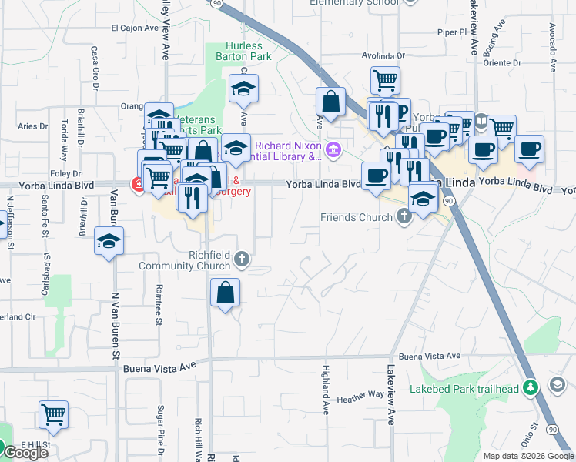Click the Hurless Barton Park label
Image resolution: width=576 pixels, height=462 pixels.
click(245, 52)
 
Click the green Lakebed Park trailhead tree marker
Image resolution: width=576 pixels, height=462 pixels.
click(529, 387)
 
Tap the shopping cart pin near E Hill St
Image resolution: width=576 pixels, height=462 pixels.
click(53, 414)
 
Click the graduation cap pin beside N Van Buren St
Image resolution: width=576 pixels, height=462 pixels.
click(109, 240)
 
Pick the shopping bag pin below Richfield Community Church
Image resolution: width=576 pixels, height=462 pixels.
click(224, 293)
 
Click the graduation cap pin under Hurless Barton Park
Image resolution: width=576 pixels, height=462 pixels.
click(243, 89)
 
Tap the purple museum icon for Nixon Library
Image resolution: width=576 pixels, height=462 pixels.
click(333, 149)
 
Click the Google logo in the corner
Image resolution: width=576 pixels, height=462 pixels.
click(25, 453)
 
